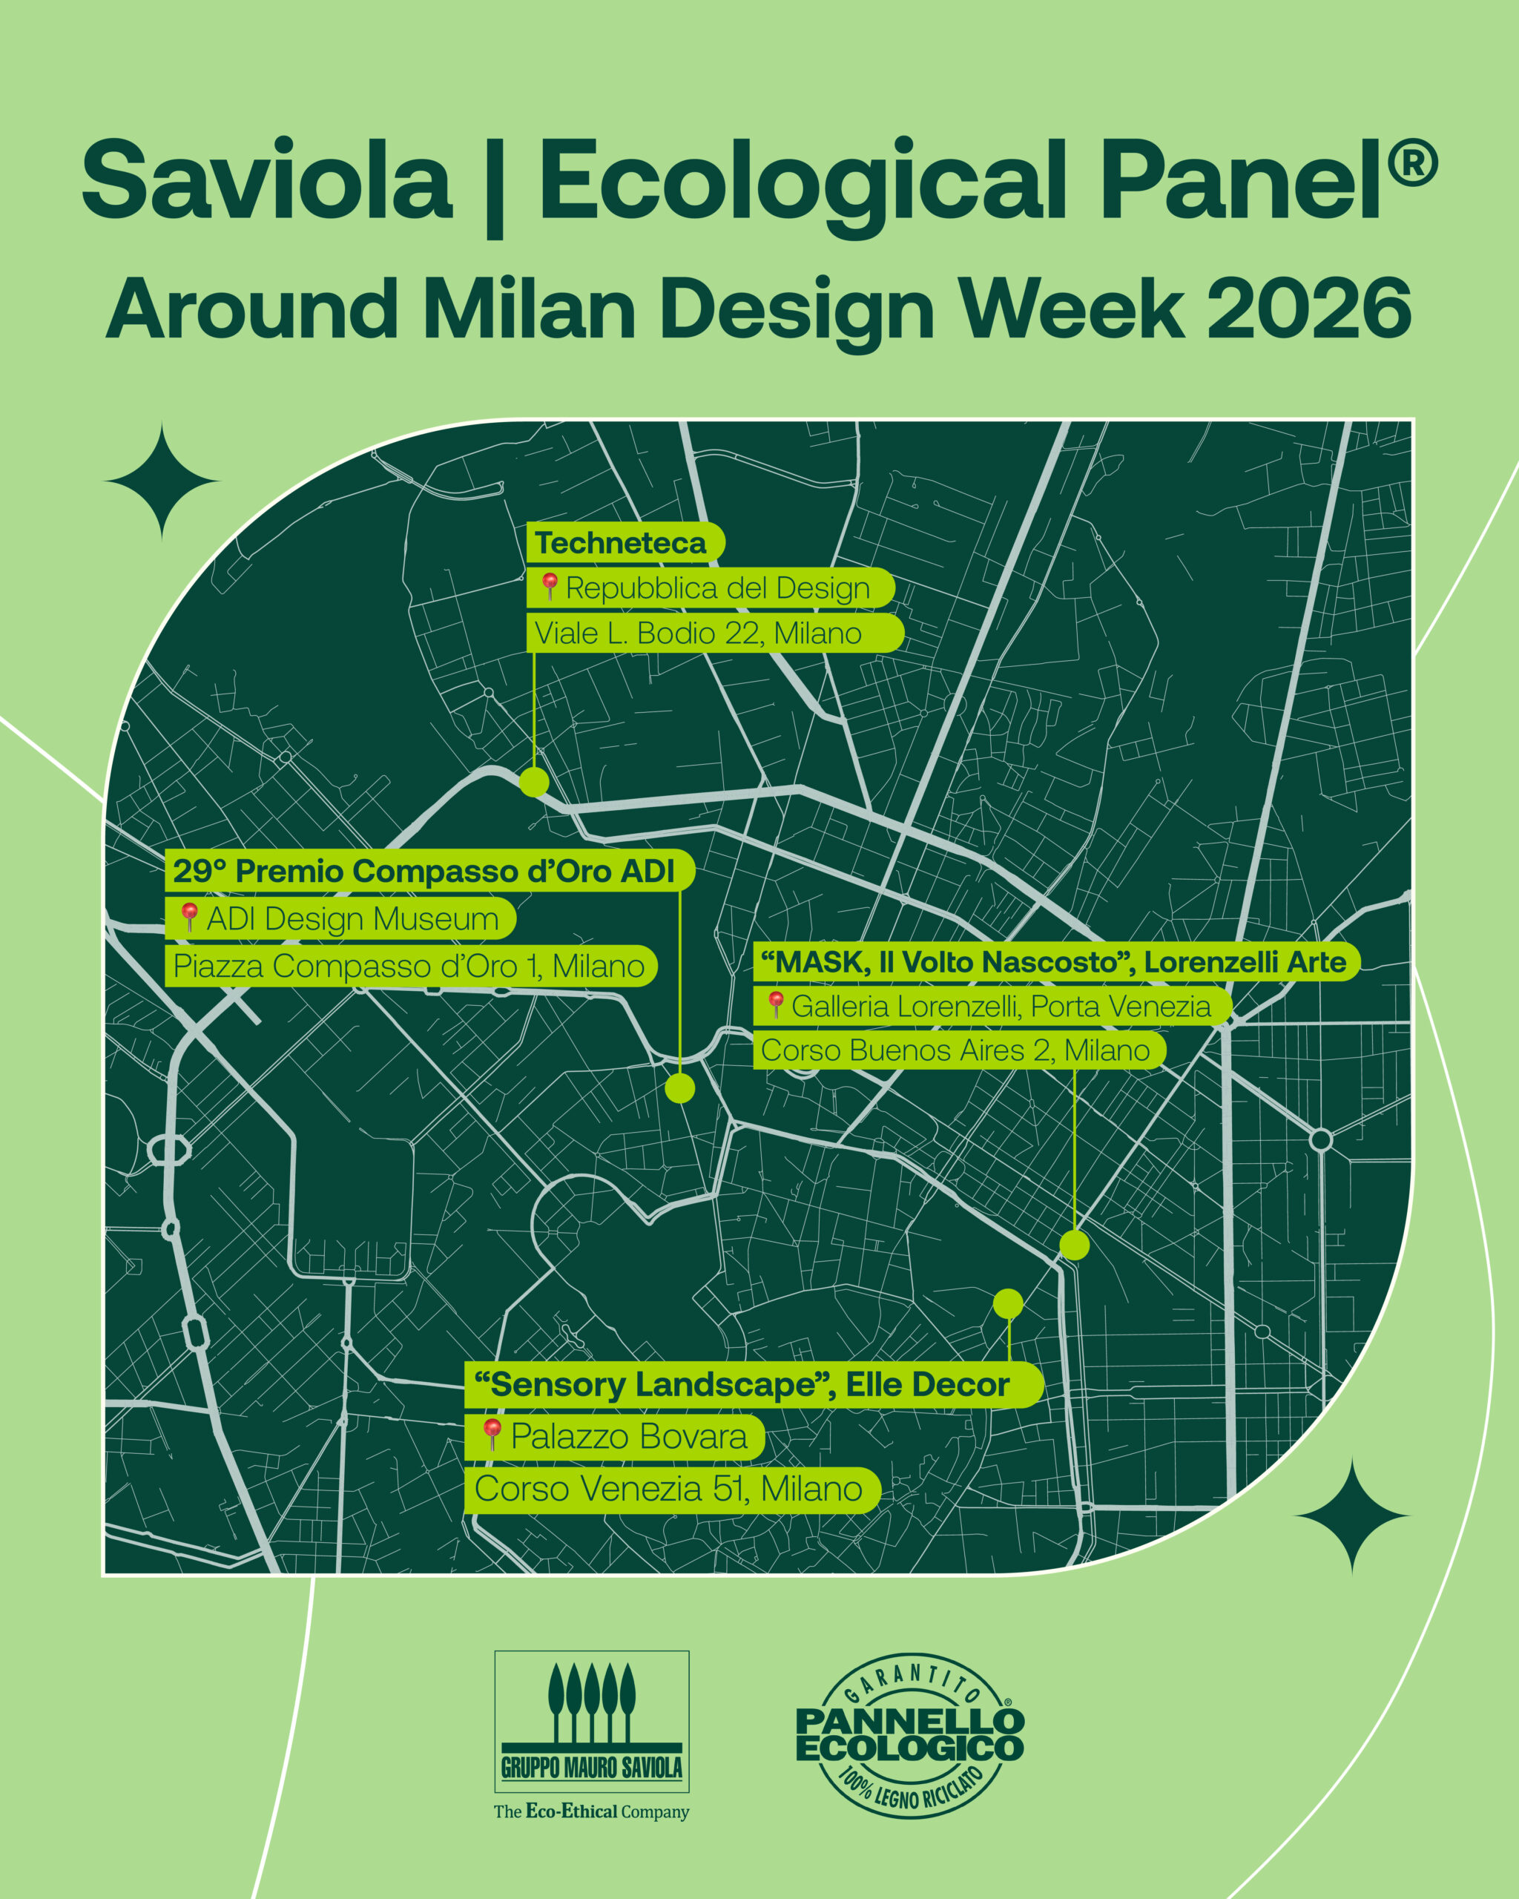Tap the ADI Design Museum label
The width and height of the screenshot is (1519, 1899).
[x=340, y=918]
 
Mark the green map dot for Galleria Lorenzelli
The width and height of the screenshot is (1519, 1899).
[x=1074, y=1245]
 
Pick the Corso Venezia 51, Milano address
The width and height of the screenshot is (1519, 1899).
[x=673, y=1489]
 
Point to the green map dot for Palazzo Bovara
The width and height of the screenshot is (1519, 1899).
[x=1008, y=1303]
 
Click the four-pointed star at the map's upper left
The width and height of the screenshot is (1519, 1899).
[x=162, y=481]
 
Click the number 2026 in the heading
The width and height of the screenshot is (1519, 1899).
[x=1309, y=309]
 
